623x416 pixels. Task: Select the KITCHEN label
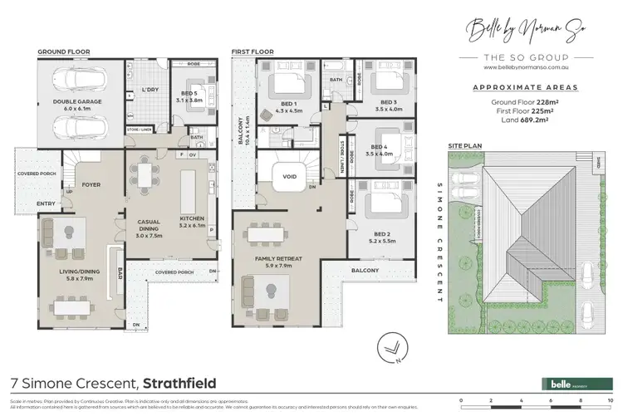[191, 218]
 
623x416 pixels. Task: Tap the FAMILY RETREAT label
[279, 260]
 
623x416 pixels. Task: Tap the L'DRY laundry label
[150, 89]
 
